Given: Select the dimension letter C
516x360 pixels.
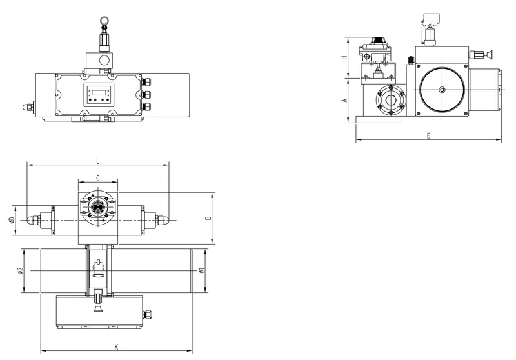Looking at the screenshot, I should coord(97,177).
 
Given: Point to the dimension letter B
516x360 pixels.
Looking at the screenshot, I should coord(208,219).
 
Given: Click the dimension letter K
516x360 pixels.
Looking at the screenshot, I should coord(116,346).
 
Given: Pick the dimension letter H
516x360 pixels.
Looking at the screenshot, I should coord(345,57).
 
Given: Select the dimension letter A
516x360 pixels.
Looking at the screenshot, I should coord(345,100).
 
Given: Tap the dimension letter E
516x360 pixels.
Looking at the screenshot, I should coord(428,135).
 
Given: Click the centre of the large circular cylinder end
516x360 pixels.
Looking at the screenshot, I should coord(442,90).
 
